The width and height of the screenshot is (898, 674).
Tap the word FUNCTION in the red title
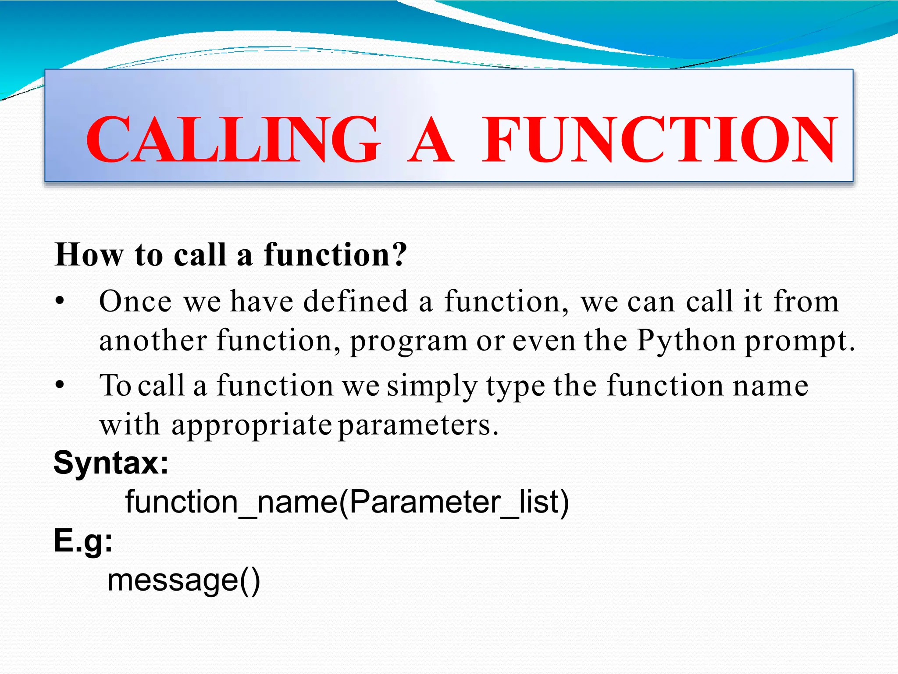pos(660,140)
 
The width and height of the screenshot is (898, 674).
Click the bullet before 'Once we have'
pos(60,302)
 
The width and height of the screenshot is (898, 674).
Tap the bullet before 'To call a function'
pos(60,386)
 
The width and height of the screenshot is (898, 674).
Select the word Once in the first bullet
pos(135,302)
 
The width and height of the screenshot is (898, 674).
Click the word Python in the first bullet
pos(686,341)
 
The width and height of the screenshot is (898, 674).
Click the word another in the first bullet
pos(153,341)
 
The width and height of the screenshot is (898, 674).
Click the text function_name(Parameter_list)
pos(347,502)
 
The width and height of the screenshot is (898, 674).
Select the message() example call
pos(184,581)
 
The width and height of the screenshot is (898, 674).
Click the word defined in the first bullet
pos(356,302)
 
